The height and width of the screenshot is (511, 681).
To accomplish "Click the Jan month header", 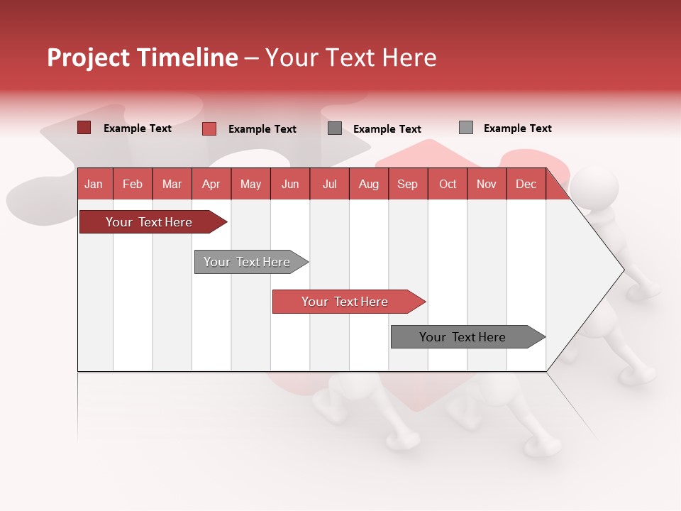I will click(x=94, y=184).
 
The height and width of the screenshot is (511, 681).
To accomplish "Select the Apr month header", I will click(x=211, y=184).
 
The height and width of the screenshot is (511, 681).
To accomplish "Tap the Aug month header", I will click(x=368, y=184).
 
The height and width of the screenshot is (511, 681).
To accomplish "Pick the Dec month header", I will click(x=526, y=184).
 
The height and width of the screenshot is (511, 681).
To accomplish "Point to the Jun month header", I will click(x=289, y=184).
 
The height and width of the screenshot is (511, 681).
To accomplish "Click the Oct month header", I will click(x=447, y=184).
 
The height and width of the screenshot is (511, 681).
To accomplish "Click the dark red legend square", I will click(x=84, y=128).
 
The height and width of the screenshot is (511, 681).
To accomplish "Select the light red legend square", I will click(x=209, y=128).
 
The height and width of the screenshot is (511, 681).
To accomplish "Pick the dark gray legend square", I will click(x=335, y=128).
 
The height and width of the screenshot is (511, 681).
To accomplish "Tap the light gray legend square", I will click(x=465, y=128).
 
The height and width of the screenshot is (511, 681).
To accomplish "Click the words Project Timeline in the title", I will click(x=142, y=57).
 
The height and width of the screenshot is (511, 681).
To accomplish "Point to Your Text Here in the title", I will click(x=351, y=57).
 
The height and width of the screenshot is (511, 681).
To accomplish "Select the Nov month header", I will click(x=486, y=184).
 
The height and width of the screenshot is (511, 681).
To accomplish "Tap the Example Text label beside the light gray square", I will click(x=517, y=128).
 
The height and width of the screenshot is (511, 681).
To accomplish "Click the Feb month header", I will click(x=132, y=184).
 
